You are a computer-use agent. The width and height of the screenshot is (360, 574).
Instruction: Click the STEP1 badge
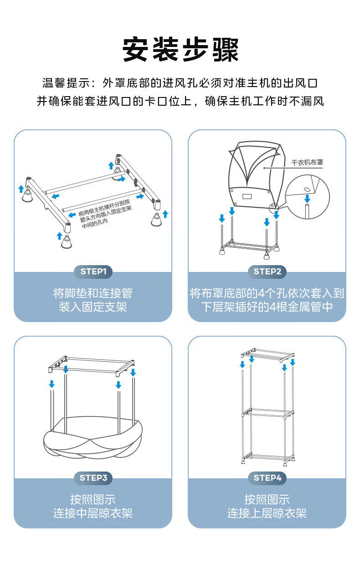(93, 272)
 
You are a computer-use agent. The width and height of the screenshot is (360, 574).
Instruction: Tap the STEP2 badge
(267, 272)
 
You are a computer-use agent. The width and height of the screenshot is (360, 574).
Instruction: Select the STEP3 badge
(93, 478)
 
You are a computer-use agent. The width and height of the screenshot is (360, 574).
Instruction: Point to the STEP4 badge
(267, 478)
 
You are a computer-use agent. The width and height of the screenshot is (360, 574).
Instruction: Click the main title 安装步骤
(180, 50)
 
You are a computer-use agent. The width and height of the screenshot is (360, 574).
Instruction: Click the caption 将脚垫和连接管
(93, 293)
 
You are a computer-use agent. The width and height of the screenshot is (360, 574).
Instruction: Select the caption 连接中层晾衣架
(93, 513)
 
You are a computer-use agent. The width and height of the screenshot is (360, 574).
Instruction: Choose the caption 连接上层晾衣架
(267, 513)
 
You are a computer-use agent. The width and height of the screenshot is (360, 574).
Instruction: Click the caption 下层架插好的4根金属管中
(267, 307)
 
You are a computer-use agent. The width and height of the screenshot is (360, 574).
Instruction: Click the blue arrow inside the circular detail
(308, 199)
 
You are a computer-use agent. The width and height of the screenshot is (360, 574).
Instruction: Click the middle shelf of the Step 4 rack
(267, 413)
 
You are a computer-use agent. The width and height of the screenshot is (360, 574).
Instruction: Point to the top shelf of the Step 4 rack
(267, 354)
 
